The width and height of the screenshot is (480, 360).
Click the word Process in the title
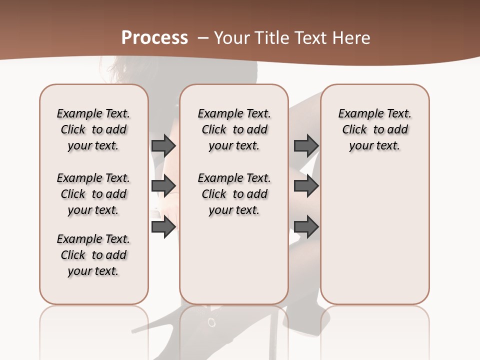[155, 38]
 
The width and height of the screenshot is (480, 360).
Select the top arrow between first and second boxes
[163, 145]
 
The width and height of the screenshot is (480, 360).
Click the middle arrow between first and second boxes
[163, 186]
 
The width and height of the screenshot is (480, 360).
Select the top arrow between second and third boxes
[306, 145]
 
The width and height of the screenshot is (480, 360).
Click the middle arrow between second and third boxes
[306, 186]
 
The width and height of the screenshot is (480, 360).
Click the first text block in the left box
[93, 129]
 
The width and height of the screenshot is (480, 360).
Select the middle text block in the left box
[93, 194]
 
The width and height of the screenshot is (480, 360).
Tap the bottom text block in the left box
[93, 255]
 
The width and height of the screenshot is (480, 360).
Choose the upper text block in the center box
[234, 129]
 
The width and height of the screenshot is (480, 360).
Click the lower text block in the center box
[234, 194]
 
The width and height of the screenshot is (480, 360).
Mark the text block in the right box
[374, 129]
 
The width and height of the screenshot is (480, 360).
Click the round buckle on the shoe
[212, 322]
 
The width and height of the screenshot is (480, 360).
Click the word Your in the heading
[230, 38]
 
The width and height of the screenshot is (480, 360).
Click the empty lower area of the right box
[374, 235]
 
